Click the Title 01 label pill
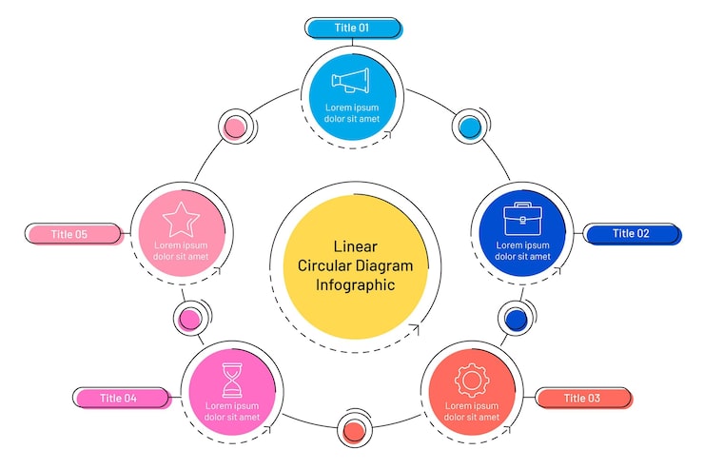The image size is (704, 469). point(351,28)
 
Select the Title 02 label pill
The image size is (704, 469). point(632,233)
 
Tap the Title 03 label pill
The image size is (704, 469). point(581,398)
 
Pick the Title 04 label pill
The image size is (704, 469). point(119,398)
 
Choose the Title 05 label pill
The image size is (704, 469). point(69,233)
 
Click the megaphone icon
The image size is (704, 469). point(351,82)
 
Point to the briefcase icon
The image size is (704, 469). point(522,218)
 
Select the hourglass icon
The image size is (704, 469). point(232,380)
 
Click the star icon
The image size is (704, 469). point(181,220)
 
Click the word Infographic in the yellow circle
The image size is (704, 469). point(355,284)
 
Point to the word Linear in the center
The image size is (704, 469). point(355,246)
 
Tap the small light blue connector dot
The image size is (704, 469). point(468,127)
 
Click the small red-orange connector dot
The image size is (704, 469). point(353,431)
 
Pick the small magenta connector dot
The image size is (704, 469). point(189,318)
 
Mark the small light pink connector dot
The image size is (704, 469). point(234,127)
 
